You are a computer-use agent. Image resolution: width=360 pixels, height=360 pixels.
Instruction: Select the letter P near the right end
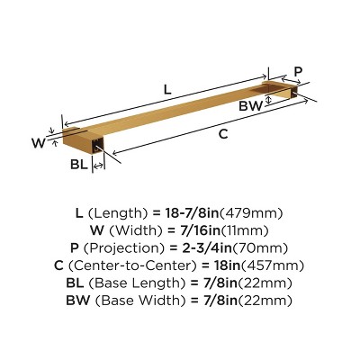point(299,70)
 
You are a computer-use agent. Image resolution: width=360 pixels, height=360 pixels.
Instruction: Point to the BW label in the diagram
point(251,105)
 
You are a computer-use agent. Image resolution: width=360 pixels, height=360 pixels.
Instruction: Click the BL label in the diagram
point(79,165)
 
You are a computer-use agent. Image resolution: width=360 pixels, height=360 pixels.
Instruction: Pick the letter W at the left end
point(38,141)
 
